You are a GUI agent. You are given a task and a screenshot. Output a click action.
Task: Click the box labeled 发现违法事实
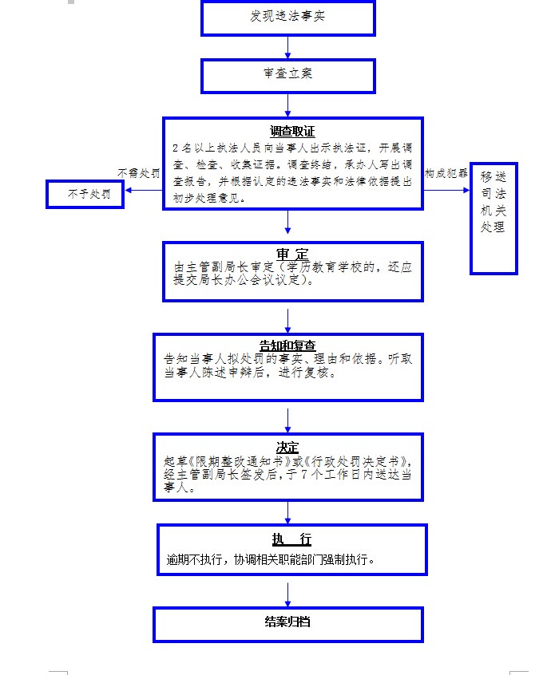click(287, 18)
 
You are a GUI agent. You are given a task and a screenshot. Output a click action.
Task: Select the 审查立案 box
click(287, 74)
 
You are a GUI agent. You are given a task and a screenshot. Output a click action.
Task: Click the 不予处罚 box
click(85, 194)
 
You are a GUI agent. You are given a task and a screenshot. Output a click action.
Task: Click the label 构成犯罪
click(446, 173)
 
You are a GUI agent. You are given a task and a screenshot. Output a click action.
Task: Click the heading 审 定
click(292, 254)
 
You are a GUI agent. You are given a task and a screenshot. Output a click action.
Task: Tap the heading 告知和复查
click(287, 345)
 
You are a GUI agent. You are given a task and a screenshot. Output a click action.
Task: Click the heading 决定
click(287, 447)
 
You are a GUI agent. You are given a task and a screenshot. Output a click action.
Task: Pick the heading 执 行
click(291, 539)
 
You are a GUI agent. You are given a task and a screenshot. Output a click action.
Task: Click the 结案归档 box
click(287, 622)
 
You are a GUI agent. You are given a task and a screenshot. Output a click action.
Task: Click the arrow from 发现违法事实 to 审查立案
click(287, 47)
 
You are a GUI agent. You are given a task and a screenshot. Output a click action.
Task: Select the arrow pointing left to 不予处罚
click(144, 190)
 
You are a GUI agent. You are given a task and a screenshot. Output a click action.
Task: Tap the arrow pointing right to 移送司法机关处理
click(447, 190)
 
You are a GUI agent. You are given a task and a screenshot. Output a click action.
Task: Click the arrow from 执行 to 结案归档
click(287, 591)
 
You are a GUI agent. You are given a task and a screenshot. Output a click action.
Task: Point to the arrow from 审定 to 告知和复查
click(287, 318)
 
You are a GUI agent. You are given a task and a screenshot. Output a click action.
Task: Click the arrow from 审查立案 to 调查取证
click(287, 105)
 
